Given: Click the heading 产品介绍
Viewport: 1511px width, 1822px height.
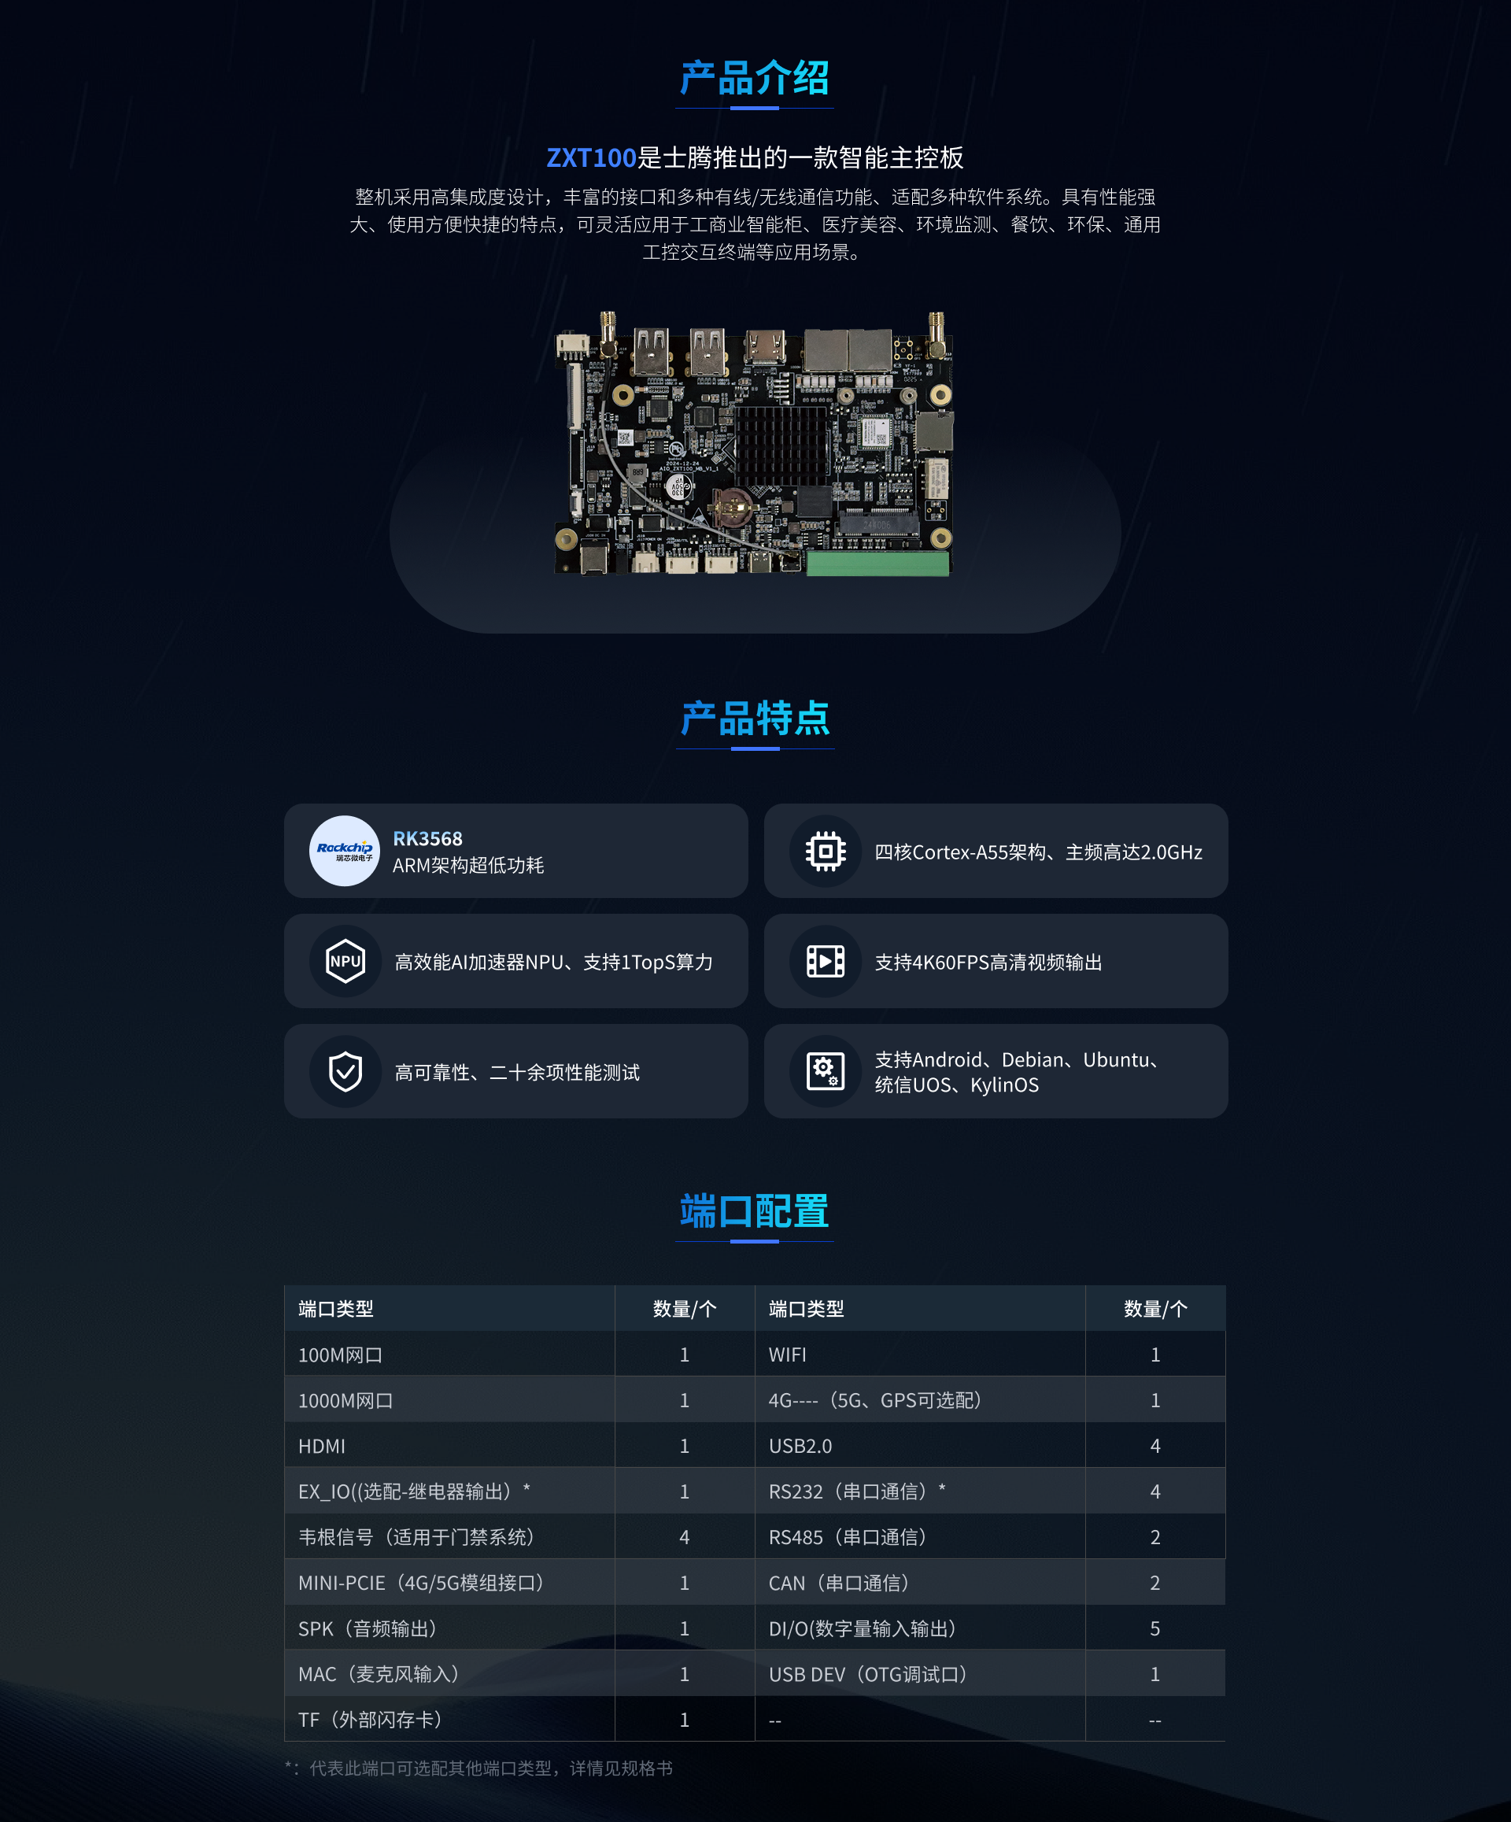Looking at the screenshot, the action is [755, 78].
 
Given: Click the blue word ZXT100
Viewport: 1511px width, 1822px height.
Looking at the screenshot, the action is [592, 158].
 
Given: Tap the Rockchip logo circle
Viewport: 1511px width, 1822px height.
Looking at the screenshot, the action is [345, 850].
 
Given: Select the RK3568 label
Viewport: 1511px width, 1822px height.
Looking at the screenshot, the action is [427, 838].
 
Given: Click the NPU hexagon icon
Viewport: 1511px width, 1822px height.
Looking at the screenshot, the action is [345, 960].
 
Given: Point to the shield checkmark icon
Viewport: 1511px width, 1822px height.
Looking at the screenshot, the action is [345, 1071].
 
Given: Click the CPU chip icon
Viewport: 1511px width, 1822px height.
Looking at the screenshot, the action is [826, 851].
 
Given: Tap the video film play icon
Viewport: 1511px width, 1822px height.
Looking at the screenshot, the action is [826, 961].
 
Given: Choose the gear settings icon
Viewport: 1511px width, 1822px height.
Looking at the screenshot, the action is [826, 1070].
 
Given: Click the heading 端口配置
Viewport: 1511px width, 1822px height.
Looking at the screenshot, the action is [755, 1211].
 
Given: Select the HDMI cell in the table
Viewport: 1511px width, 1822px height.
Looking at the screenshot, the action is [322, 1447].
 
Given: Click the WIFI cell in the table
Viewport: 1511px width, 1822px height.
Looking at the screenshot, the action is [788, 1354].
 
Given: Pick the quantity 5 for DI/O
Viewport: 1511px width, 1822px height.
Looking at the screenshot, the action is [1155, 1628].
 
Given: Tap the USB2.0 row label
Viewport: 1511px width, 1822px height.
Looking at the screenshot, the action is [800, 1447].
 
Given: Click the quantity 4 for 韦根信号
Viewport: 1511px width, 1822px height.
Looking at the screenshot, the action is [685, 1537].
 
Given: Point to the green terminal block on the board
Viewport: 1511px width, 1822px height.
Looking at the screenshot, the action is [877, 564].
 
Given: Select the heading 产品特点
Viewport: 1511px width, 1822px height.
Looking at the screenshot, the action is [755, 719].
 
